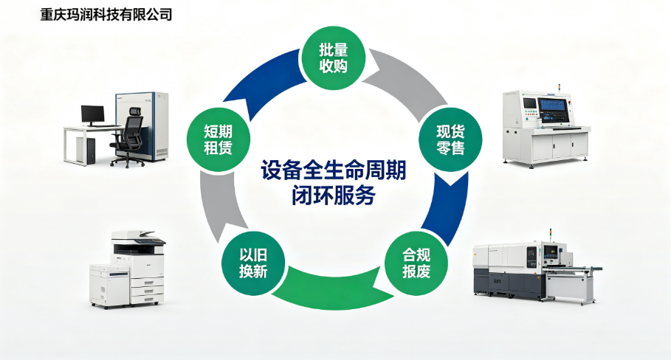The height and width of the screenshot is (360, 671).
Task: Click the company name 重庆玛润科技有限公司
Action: tap(106, 15)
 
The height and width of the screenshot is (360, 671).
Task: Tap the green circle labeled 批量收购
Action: tap(334, 58)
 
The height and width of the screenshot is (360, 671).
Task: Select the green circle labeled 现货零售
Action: tap(450, 140)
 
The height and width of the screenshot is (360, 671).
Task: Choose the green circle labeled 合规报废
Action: tap(416, 263)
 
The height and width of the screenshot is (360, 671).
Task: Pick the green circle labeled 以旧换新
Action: tap(253, 263)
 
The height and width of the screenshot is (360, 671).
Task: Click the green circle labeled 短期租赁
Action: tap(218, 140)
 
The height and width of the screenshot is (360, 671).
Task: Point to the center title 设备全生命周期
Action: tap(334, 171)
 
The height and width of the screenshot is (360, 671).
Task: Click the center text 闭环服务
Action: tap(334, 195)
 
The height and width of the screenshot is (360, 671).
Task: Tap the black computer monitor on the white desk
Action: tap(93, 115)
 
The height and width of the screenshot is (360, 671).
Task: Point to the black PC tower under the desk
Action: tap(90, 150)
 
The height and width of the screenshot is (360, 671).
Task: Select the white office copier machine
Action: tap(128, 269)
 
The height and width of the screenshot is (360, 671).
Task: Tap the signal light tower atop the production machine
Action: tap(551, 235)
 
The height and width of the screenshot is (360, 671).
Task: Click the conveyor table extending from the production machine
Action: tap(574, 283)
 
